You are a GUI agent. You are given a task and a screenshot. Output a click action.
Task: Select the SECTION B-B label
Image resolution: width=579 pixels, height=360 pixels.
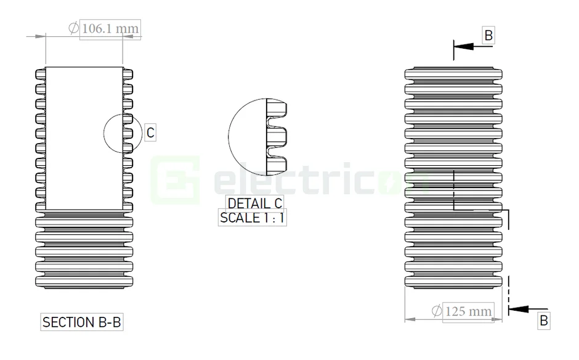pyautogui.click(x=78, y=322)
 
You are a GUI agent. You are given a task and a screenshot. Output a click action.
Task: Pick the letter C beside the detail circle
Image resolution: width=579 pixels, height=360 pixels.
pyautogui.click(x=150, y=132)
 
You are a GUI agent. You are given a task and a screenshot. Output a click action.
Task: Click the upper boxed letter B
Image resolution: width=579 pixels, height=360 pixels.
pyautogui.click(x=488, y=36)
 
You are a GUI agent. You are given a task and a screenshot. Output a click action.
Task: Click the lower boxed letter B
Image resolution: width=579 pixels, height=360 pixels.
pyautogui.click(x=543, y=321)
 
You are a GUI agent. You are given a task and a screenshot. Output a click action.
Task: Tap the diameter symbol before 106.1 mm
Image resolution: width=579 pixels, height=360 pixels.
pyautogui.click(x=73, y=28)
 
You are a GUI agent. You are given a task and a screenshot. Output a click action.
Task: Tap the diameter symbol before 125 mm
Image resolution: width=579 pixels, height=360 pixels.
pyautogui.click(x=436, y=311)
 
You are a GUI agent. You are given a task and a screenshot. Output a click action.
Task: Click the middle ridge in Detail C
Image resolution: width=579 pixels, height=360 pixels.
pyautogui.click(x=278, y=137)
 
